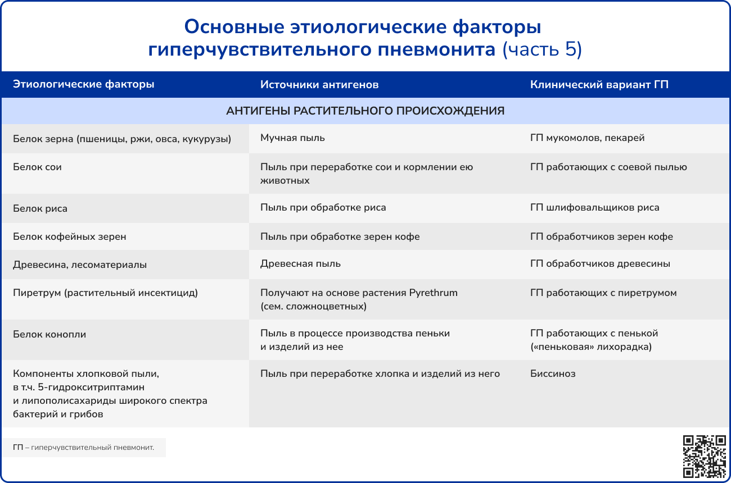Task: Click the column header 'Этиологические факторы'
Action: pyautogui.click(x=84, y=84)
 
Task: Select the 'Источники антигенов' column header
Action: pyautogui.click(x=319, y=85)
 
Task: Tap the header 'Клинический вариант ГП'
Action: pyautogui.click(x=599, y=85)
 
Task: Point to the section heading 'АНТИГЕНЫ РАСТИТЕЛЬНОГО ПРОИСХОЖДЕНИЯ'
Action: pyautogui.click(x=365, y=111)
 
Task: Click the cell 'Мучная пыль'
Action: pyautogui.click(x=292, y=138)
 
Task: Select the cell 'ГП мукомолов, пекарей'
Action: pyautogui.click(x=587, y=138)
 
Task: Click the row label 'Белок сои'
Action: pyautogui.click(x=37, y=167)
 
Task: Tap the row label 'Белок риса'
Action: pyautogui.click(x=40, y=208)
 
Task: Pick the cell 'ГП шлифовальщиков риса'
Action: pyautogui.click(x=594, y=207)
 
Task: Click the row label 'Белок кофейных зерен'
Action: pyautogui.click(x=70, y=236)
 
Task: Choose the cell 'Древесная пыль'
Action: pyautogui.click(x=300, y=263)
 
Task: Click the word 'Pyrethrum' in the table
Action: pyautogui.click(x=433, y=293)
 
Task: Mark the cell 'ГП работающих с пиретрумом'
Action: pyautogui.click(x=603, y=293)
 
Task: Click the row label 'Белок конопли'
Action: pyautogui.click(x=49, y=334)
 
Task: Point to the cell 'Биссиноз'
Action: pyautogui.click(x=553, y=373)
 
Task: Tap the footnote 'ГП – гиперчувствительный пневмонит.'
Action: pyautogui.click(x=83, y=448)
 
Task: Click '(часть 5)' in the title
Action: pyautogui.click(x=542, y=49)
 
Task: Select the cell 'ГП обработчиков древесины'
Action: pyautogui.click(x=600, y=263)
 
